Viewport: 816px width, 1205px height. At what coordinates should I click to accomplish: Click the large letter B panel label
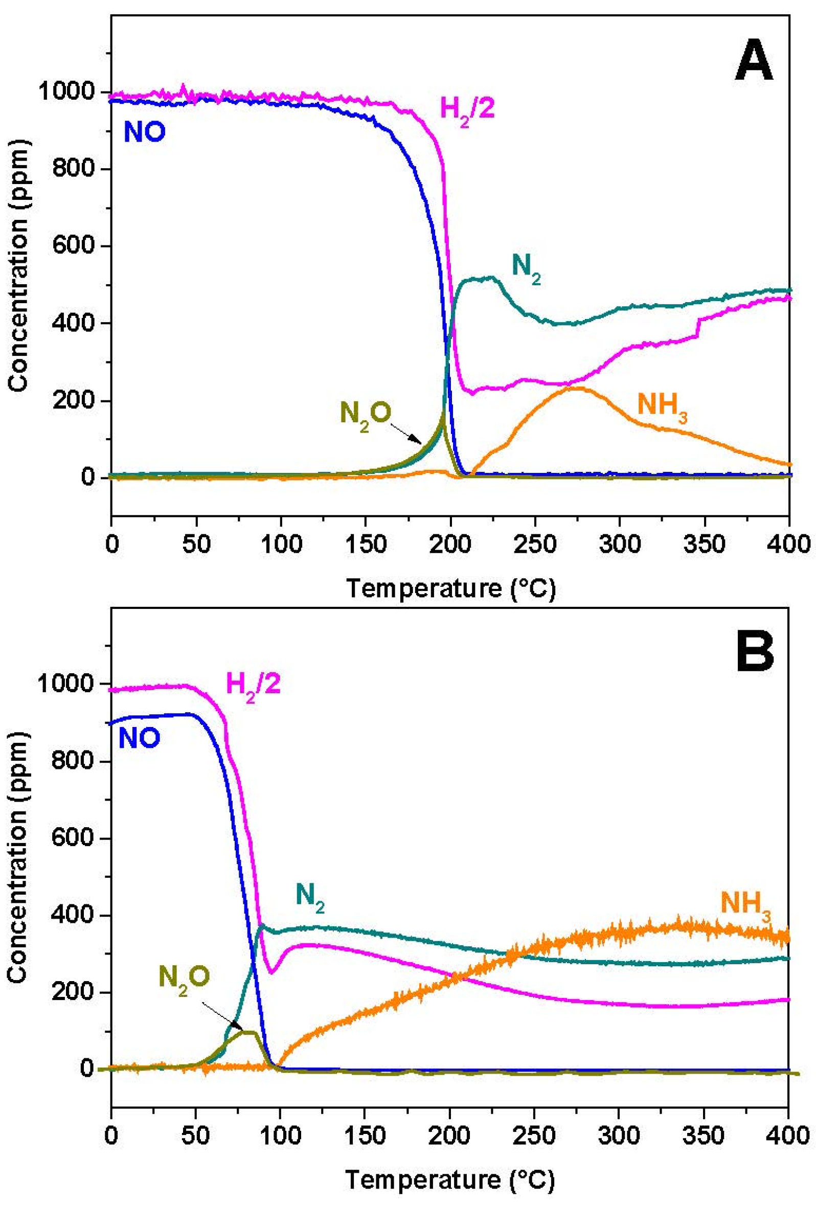coord(755,650)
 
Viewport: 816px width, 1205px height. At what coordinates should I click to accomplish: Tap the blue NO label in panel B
coord(140,737)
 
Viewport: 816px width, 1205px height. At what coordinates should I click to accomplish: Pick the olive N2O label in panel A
coord(365,413)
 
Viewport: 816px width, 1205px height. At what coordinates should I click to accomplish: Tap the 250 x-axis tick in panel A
coord(534,544)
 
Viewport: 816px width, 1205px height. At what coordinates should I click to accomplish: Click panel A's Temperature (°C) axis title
coord(450,589)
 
